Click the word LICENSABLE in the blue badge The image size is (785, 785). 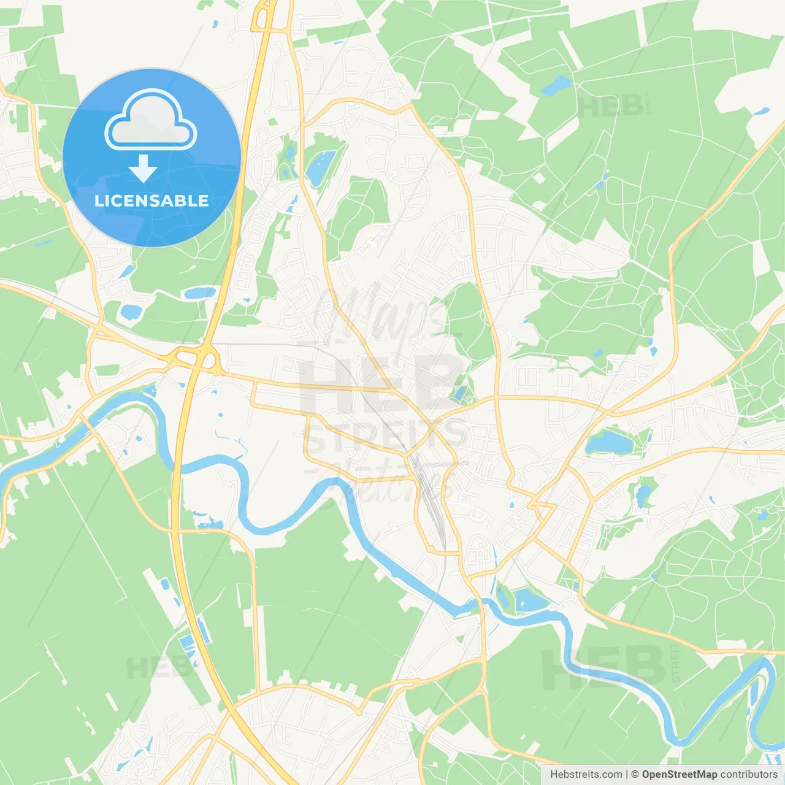151,201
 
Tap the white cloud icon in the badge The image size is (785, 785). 151,120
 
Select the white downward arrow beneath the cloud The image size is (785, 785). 144,168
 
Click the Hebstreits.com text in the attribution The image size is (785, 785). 586,775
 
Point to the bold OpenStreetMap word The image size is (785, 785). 679,775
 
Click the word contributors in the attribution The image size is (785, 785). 749,775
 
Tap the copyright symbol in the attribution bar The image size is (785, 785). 635,775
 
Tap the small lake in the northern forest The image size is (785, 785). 556,85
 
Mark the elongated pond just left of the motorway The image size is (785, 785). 199,293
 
